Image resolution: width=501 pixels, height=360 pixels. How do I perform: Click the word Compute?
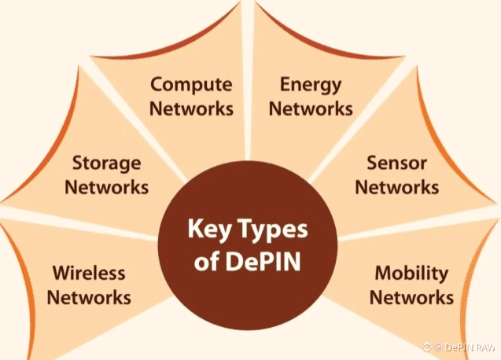click(191, 84)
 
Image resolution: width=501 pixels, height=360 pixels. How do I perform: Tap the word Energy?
click(310, 84)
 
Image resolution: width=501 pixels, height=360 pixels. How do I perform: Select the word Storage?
click(106, 163)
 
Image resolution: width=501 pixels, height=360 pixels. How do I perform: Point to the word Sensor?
click(396, 163)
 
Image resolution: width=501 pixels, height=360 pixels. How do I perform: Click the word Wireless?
click(89, 274)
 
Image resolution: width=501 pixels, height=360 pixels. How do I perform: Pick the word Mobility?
click(411, 274)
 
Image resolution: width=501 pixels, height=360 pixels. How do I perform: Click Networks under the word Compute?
click(191, 108)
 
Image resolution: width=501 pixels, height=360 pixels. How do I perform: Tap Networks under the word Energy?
click(310, 108)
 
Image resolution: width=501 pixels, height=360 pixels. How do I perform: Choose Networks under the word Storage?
click(106, 188)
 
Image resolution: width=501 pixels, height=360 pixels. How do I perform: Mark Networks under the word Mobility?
click(411, 298)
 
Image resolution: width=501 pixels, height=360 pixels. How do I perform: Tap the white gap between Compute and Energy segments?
click(249, 94)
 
